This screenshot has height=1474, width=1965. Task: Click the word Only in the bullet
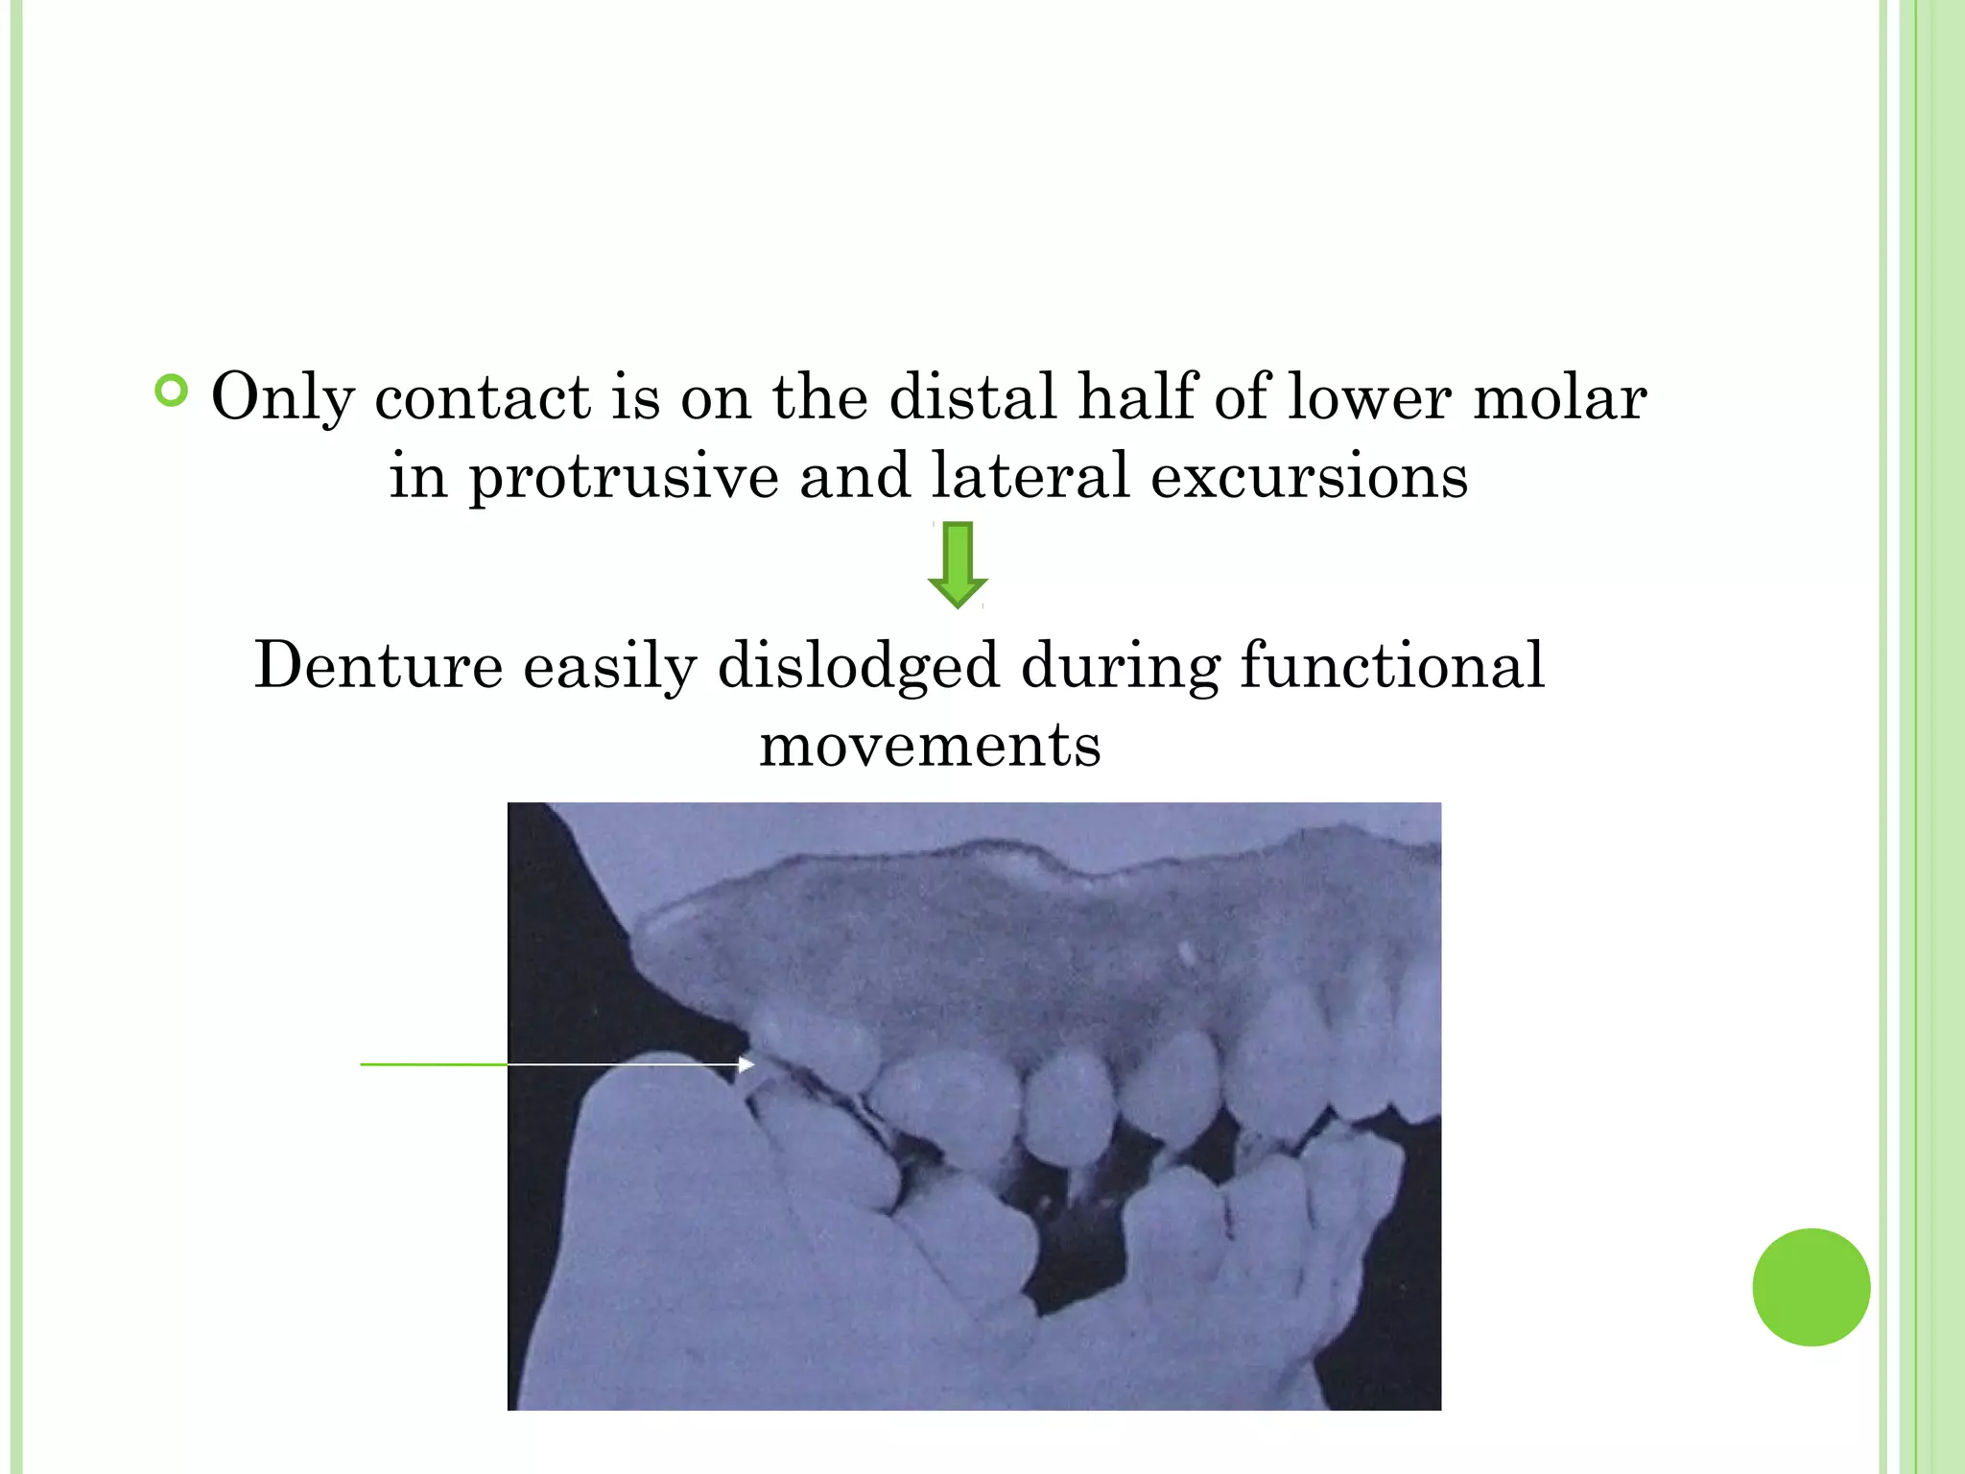pyautogui.click(x=282, y=397)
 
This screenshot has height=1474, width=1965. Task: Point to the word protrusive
pyautogui.click(x=624, y=476)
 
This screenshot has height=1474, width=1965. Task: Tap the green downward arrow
pyautogui.click(x=958, y=565)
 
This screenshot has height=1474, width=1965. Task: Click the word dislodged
pyautogui.click(x=859, y=666)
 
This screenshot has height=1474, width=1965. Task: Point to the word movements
pyautogui.click(x=930, y=745)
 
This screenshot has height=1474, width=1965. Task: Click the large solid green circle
pyautogui.click(x=1811, y=1287)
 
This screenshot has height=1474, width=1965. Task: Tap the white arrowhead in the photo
pyautogui.click(x=746, y=1064)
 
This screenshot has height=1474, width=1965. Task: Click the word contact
pyautogui.click(x=483, y=397)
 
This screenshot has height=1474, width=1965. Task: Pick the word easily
pyautogui.click(x=610, y=666)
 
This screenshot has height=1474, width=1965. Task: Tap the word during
pyautogui.click(x=1121, y=666)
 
